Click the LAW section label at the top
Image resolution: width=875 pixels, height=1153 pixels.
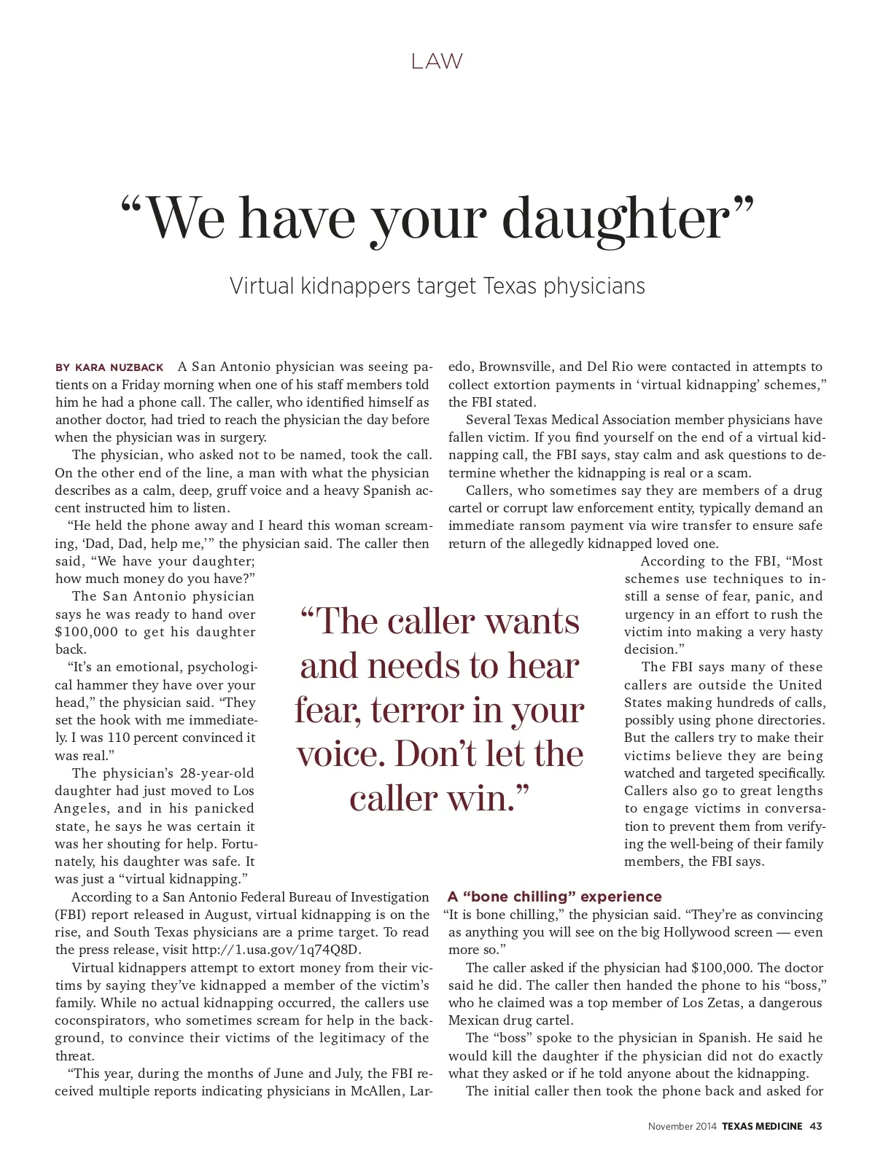point(437,62)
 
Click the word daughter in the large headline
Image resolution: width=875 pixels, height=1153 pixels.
point(617,218)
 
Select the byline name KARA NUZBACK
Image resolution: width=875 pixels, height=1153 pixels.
point(120,367)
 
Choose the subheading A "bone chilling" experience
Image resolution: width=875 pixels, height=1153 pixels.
point(555,896)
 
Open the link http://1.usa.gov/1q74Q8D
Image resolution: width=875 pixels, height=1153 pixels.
point(276,950)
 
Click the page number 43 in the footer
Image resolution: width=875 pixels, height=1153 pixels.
point(815,1126)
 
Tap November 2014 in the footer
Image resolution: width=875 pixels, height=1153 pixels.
point(682,1126)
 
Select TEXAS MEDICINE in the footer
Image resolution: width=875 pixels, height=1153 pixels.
point(762,1126)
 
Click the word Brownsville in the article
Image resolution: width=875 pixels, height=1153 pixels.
point(516,367)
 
